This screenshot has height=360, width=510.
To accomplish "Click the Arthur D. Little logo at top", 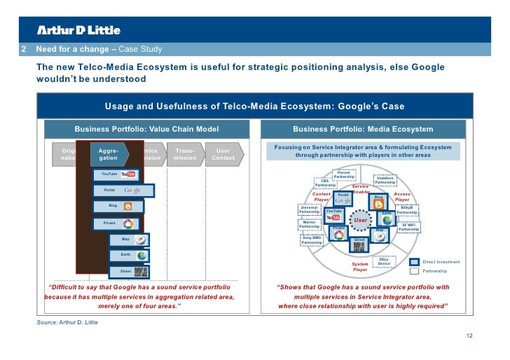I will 78,30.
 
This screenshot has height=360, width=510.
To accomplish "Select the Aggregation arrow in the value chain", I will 109,154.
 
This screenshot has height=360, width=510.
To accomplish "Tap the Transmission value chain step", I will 185,154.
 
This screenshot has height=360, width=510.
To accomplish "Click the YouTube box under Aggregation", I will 118,174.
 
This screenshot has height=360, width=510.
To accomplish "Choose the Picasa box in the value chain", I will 118,223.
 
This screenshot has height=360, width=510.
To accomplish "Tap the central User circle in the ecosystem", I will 361,221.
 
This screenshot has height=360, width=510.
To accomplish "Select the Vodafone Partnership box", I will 385,180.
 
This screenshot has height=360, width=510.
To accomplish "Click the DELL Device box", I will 383,262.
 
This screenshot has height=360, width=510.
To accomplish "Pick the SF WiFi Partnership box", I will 408,227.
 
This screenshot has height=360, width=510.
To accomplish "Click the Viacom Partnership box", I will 343,174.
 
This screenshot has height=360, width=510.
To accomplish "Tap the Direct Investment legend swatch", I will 414,262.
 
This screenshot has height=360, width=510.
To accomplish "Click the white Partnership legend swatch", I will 414,270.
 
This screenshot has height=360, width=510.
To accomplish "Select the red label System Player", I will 360,267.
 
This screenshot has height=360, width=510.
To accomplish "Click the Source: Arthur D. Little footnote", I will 67,322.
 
